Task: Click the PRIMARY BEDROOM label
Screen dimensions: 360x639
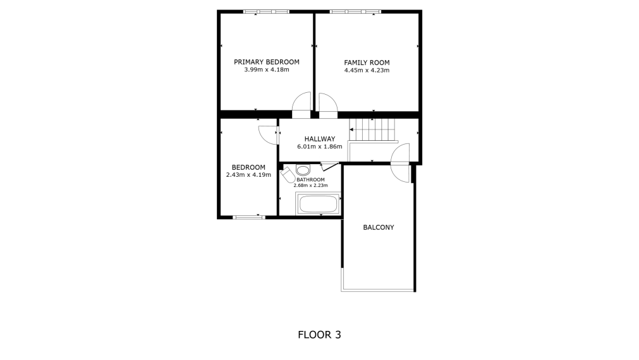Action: point(266,62)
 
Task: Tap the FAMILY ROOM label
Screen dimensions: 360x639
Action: point(367,63)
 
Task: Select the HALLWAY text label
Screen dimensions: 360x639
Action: point(319,139)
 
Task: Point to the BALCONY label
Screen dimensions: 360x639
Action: point(378,227)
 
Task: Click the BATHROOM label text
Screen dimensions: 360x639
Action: point(310,180)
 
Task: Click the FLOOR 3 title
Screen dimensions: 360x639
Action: point(319,335)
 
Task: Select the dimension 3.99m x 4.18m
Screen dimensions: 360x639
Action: point(266,69)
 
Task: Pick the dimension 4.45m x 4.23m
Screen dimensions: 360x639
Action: point(367,70)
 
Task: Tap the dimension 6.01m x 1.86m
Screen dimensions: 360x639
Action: point(319,147)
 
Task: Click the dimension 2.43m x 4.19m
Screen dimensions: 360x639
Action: point(248,175)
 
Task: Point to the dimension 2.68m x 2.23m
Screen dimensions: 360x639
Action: point(310,186)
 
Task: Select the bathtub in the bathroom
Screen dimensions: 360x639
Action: point(318,204)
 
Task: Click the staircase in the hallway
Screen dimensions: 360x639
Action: point(372,129)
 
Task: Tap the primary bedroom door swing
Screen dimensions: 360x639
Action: point(303,104)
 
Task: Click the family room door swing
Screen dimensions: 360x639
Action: point(328,104)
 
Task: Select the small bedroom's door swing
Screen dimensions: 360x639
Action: point(268,133)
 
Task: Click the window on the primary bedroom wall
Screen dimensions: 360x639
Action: point(266,11)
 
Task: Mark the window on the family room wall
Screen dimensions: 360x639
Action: point(355,11)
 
